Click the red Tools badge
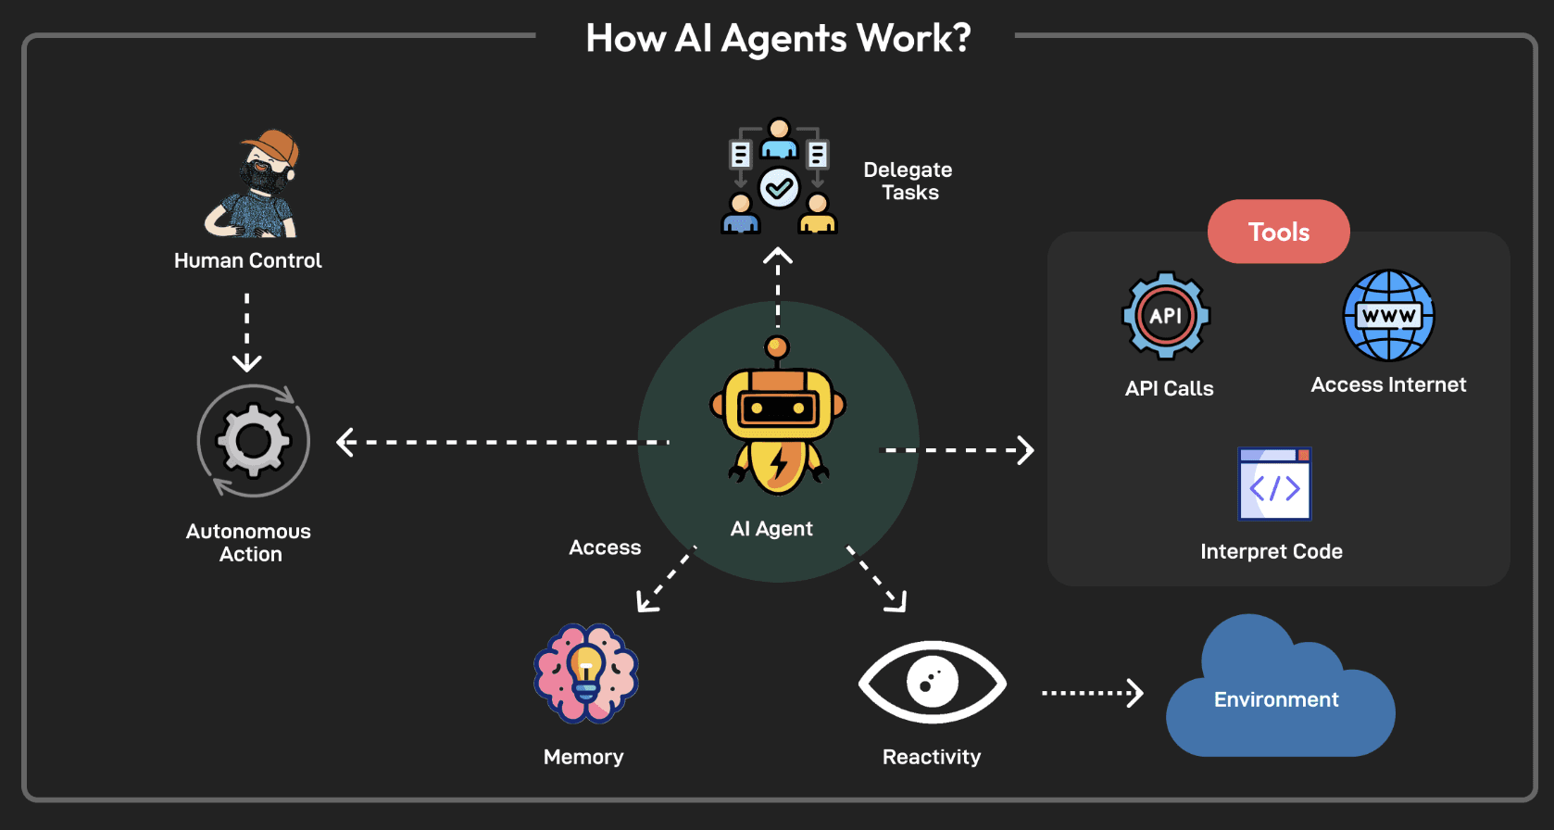[x=1279, y=231]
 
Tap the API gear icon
[x=1166, y=316]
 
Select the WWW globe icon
[x=1389, y=315]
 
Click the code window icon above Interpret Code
[x=1274, y=484]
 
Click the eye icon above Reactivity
[x=932, y=682]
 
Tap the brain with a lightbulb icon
[x=586, y=673]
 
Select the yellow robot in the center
[x=778, y=416]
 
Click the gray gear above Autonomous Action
[x=253, y=441]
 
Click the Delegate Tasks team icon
[x=779, y=176]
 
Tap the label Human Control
[x=247, y=260]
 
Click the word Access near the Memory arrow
[x=605, y=547]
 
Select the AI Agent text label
[x=771, y=529]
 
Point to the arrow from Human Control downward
[x=247, y=333]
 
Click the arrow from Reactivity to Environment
[x=1093, y=693]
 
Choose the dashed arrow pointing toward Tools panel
[x=957, y=450]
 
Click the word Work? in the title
[x=914, y=38]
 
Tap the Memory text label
[x=583, y=757]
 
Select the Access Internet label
[x=1388, y=384]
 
